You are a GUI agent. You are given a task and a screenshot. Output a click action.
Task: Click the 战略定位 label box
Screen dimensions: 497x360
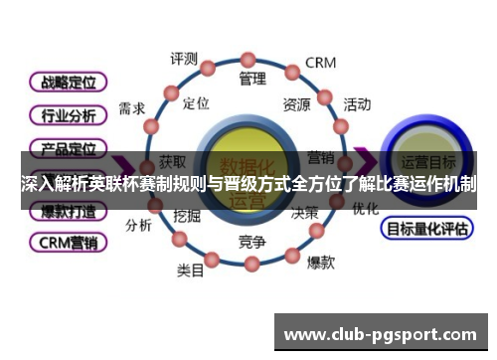pyautogui.click(x=68, y=82)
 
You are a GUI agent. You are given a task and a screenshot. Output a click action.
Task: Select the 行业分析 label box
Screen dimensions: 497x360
pyautogui.click(x=68, y=115)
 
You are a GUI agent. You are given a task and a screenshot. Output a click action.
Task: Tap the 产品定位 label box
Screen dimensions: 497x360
pyautogui.click(x=68, y=149)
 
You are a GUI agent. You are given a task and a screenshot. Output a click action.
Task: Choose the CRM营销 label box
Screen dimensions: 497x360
pyautogui.click(x=68, y=241)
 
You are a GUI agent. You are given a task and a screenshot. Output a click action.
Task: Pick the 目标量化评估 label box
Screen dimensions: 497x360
pyautogui.click(x=424, y=228)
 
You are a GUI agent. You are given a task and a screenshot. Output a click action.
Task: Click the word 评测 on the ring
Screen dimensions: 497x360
pyautogui.click(x=184, y=58)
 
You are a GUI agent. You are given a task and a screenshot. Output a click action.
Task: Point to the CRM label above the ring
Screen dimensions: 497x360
pyautogui.click(x=320, y=63)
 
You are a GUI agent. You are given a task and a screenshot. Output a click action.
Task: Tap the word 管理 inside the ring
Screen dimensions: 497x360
pyautogui.click(x=252, y=78)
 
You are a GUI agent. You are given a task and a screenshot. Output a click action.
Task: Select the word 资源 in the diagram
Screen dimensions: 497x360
pyautogui.click(x=296, y=103)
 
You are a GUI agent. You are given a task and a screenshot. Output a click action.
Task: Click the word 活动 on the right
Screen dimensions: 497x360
pyautogui.click(x=357, y=103)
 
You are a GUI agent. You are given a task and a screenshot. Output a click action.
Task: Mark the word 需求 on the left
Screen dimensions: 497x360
pyautogui.click(x=132, y=107)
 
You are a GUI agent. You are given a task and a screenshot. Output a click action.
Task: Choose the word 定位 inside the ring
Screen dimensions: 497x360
pyautogui.click(x=197, y=102)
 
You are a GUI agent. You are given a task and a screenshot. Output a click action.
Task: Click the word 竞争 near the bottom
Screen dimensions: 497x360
pyautogui.click(x=252, y=242)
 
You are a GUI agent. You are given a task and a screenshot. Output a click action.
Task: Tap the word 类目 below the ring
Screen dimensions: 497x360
pyautogui.click(x=191, y=270)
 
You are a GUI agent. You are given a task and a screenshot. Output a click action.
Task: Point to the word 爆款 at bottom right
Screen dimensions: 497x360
pyautogui.click(x=320, y=263)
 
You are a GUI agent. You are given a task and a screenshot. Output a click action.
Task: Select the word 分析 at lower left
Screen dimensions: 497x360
pyautogui.click(x=138, y=225)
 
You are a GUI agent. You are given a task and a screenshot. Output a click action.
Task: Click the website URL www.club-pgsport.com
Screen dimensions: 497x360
pyautogui.click(x=381, y=333)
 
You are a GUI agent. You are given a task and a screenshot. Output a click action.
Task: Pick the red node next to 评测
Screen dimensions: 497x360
pyautogui.click(x=209, y=68)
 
